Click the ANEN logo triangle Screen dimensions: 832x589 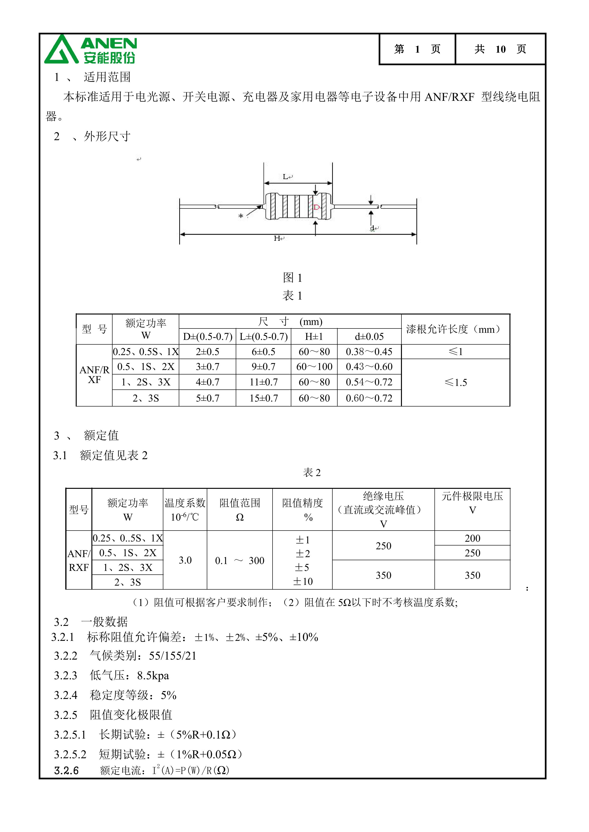point(61,51)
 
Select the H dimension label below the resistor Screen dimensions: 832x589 point(277,238)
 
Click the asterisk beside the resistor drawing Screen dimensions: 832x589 point(240,216)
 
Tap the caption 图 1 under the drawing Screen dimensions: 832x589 point(292,278)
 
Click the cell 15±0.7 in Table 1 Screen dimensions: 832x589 point(264,398)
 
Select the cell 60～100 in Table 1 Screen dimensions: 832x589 point(314,367)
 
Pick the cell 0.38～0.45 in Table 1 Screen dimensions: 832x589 point(369,351)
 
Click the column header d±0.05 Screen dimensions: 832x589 point(369,337)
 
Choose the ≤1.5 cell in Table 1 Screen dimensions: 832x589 point(456,382)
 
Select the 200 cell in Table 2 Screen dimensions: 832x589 point(472,538)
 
